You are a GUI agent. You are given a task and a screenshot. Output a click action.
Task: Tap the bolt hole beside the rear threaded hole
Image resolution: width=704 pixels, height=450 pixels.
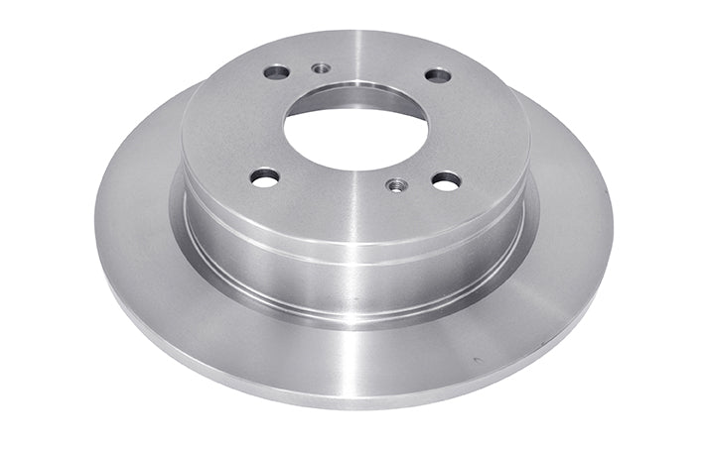(x=277, y=72)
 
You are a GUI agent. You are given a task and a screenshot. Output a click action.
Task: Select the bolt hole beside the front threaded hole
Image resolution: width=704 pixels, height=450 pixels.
(x=446, y=180)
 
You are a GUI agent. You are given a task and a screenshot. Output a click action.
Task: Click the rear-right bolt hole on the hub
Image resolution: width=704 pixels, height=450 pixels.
(x=437, y=75)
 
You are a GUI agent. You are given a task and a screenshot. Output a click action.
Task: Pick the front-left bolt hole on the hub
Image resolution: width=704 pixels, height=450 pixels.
(x=265, y=177)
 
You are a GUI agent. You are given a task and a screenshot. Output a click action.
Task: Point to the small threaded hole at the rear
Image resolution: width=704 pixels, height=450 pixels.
(x=321, y=68)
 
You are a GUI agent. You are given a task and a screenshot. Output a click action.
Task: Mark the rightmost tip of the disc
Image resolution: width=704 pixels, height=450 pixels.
(x=612, y=223)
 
